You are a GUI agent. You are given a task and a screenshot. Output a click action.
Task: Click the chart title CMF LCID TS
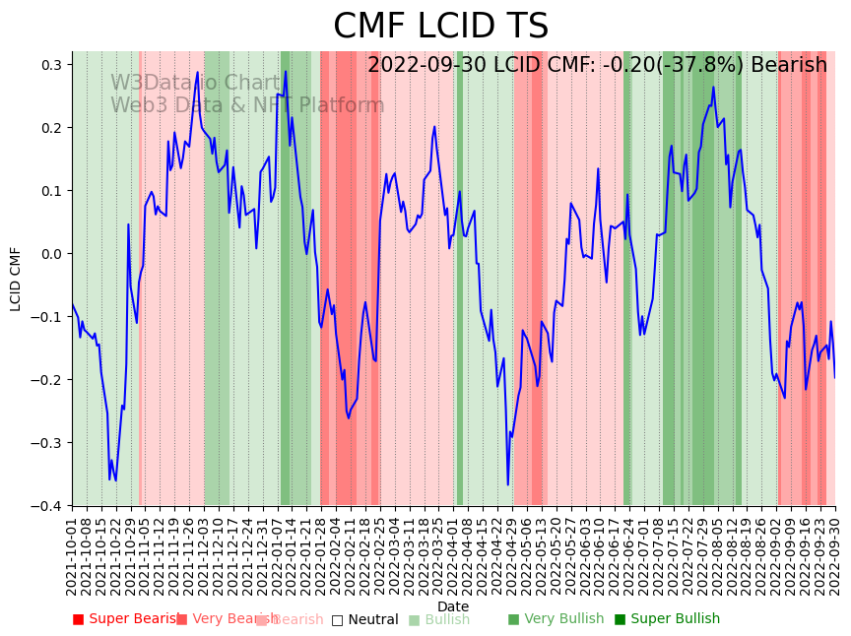440,27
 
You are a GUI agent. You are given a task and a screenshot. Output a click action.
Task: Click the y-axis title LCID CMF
16,279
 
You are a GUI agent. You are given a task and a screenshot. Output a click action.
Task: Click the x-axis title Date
453,606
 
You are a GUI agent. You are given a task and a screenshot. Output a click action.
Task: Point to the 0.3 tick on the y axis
51,65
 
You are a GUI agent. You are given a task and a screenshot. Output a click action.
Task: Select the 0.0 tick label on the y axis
51,254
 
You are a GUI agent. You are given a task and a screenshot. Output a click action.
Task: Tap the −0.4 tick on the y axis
48,506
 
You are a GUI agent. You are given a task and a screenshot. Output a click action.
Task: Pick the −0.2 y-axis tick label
48,380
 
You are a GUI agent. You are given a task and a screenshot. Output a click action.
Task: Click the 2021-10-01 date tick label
72,556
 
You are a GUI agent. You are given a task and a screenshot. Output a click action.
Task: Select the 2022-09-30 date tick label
835,556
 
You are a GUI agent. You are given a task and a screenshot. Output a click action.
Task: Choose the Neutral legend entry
365,620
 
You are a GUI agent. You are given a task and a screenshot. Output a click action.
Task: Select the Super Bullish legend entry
668,619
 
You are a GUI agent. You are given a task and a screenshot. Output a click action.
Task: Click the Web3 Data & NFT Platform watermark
247,105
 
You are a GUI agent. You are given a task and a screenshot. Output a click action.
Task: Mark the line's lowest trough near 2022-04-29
508,484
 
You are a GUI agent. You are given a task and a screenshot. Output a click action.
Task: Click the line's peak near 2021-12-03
197,72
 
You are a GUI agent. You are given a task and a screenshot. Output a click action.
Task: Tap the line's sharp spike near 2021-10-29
128,224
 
